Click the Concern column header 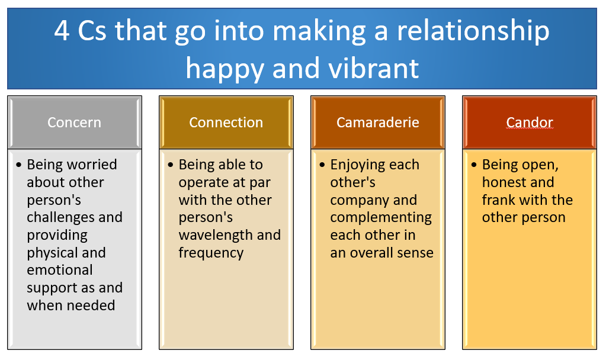[74, 123]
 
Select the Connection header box [226, 123]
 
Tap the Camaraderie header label [377, 123]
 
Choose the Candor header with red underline [529, 123]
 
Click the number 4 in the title [62, 31]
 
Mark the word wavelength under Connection [216, 235]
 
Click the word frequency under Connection [211, 253]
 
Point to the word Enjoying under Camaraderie [358, 165]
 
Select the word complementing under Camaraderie [381, 217]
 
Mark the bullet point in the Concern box [20, 165]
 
